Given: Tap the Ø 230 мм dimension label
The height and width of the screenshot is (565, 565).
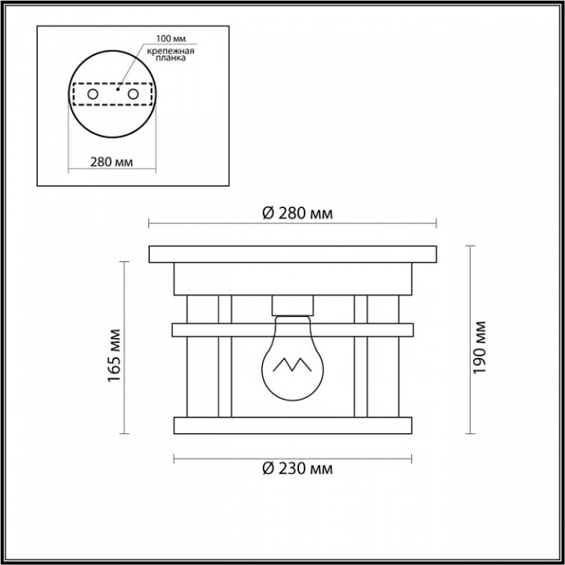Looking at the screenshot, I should click(297, 470).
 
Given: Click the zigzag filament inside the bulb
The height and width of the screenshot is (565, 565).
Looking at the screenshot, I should click(291, 364).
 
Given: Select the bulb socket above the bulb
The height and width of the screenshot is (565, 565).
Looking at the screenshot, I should click(292, 305).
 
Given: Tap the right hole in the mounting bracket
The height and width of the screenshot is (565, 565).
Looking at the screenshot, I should click(132, 94).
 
